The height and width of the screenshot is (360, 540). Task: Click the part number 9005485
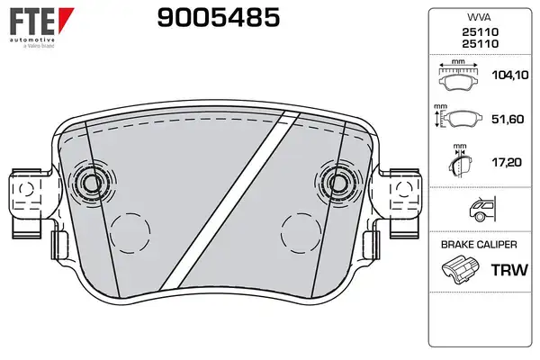[x=219, y=18]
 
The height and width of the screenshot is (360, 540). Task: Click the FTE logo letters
[x=32, y=22]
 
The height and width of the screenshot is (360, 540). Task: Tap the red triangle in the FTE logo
[x=66, y=20]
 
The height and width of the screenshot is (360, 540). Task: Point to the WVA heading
[x=479, y=17]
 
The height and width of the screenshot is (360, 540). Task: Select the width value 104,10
[x=510, y=75]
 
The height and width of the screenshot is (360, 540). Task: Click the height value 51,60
[x=508, y=119]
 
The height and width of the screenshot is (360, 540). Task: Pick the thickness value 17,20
[x=507, y=162]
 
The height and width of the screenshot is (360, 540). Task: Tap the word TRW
[x=509, y=270]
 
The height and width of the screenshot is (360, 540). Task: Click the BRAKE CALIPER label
[x=479, y=245]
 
